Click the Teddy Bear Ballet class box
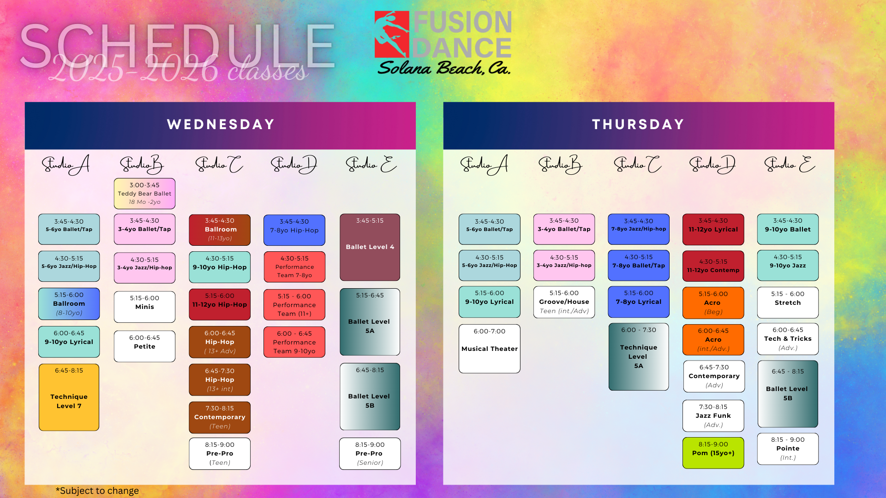coord(144,194)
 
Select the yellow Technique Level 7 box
coord(69,397)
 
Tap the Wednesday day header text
coord(221,125)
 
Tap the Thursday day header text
coord(638,125)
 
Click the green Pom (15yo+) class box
coord(713,453)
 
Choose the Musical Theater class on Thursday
coord(490,349)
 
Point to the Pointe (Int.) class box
coord(788,449)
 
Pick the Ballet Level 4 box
coord(370,247)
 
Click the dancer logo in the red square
coord(392,35)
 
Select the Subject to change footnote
coord(97,491)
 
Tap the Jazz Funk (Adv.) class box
coord(713,415)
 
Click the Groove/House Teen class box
coord(564,302)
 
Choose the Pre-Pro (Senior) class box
coord(370,454)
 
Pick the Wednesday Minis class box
coord(144,307)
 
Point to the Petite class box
coord(144,346)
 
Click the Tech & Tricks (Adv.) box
coord(788,339)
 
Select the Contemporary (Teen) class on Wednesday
coord(220,417)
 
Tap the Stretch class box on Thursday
coord(788,302)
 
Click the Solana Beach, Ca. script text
coord(444,68)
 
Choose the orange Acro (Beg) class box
coord(713,302)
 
